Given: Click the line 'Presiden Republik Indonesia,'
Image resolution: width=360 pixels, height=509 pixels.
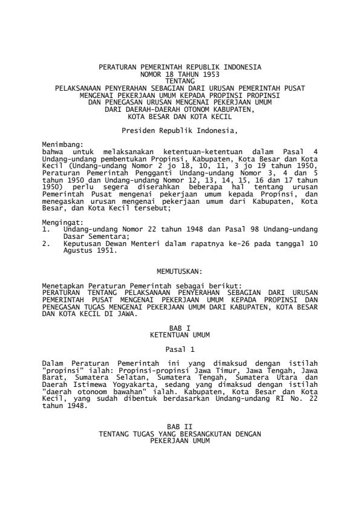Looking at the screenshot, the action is [180, 129].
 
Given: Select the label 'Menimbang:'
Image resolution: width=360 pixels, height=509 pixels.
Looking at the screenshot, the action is [61, 145].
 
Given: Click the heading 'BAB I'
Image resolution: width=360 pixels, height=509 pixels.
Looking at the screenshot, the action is [180, 327].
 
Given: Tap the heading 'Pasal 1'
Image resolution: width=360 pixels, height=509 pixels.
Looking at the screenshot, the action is [180, 348].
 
